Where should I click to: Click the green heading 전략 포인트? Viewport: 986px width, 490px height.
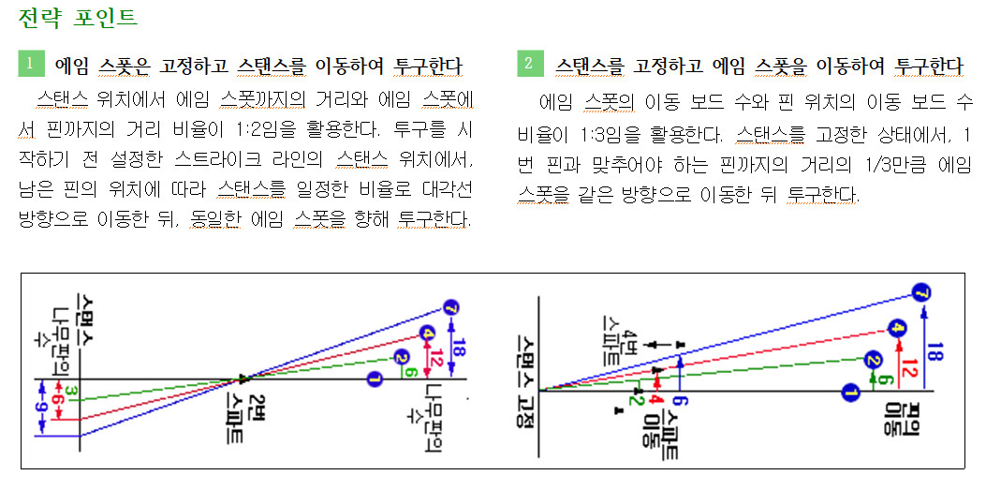point(77,17)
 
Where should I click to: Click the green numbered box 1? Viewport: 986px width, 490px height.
point(30,64)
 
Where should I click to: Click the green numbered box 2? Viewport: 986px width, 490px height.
point(529,64)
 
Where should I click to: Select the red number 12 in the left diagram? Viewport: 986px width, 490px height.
point(436,357)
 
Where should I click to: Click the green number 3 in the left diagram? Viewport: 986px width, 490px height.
point(72,389)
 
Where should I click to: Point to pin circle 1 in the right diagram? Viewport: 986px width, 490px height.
point(849,390)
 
